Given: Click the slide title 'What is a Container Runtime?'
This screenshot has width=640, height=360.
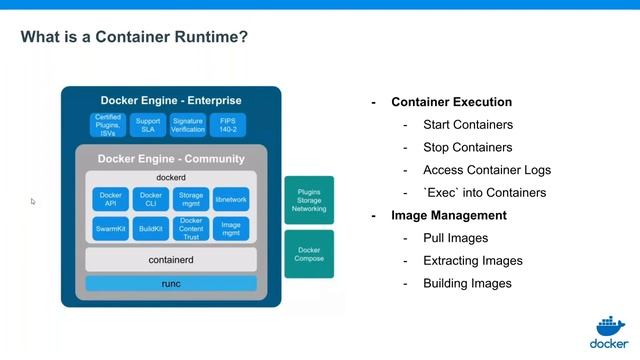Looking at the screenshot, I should pyautogui.click(x=135, y=38).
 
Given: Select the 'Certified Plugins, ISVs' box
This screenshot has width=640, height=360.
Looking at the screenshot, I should pyautogui.click(x=107, y=124).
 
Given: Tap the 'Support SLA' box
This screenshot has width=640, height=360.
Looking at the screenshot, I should pyautogui.click(x=147, y=124).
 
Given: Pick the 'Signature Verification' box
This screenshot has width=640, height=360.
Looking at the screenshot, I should pyautogui.click(x=187, y=124).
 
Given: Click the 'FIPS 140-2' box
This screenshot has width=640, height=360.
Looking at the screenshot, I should pyautogui.click(x=227, y=124).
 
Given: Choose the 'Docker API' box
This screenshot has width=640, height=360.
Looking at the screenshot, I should pyautogui.click(x=110, y=199).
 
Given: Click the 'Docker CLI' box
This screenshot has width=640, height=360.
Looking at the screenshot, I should pyautogui.click(x=150, y=199).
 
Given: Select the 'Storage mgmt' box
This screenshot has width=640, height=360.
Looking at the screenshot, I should pyautogui.click(x=190, y=199).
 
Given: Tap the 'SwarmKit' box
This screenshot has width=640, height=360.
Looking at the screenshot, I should pyautogui.click(x=110, y=229).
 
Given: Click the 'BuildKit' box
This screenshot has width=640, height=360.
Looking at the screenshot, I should pyautogui.click(x=150, y=229).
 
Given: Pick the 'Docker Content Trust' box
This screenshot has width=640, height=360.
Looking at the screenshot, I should pyautogui.click(x=190, y=229).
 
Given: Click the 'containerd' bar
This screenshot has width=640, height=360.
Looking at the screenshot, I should pyautogui.click(x=170, y=260).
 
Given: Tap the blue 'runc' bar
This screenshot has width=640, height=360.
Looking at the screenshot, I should pyautogui.click(x=170, y=284).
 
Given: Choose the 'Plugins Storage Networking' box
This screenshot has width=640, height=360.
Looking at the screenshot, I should pyautogui.click(x=309, y=200).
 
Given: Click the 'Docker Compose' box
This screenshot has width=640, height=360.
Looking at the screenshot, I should pyautogui.click(x=309, y=254).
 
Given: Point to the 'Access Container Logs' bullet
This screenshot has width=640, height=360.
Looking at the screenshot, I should pyautogui.click(x=487, y=170).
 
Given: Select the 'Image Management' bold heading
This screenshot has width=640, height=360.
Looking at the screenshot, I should pyautogui.click(x=449, y=215).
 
